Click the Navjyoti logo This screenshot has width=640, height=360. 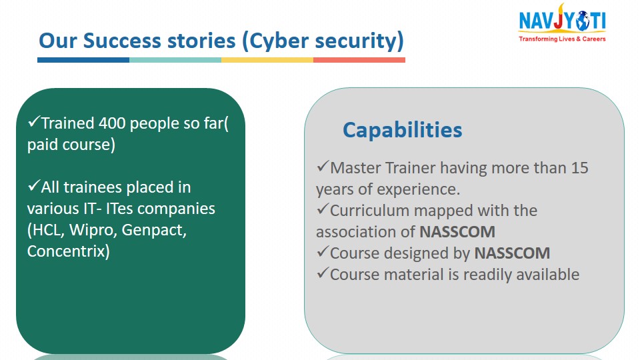click(x=562, y=23)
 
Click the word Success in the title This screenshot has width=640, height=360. click(x=122, y=41)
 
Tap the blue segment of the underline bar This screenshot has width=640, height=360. click(x=83, y=60)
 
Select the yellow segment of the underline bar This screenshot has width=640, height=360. click(x=267, y=60)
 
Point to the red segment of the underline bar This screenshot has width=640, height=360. click(x=359, y=60)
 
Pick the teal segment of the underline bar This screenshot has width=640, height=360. click(x=175, y=60)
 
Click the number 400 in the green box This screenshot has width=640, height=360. click(x=112, y=123)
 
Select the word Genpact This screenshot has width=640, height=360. click(x=154, y=231)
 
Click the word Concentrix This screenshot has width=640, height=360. click(x=67, y=251)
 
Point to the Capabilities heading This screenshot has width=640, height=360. click(x=403, y=131)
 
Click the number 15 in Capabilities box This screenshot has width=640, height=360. click(x=579, y=168)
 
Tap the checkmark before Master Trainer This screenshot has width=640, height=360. click(x=323, y=166)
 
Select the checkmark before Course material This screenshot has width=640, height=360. click(x=323, y=273)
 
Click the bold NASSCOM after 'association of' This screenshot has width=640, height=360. click(x=457, y=232)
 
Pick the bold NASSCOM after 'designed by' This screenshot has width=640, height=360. click(x=512, y=253)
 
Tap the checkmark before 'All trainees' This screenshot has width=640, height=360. click(x=34, y=186)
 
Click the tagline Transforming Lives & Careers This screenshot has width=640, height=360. click(x=562, y=39)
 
